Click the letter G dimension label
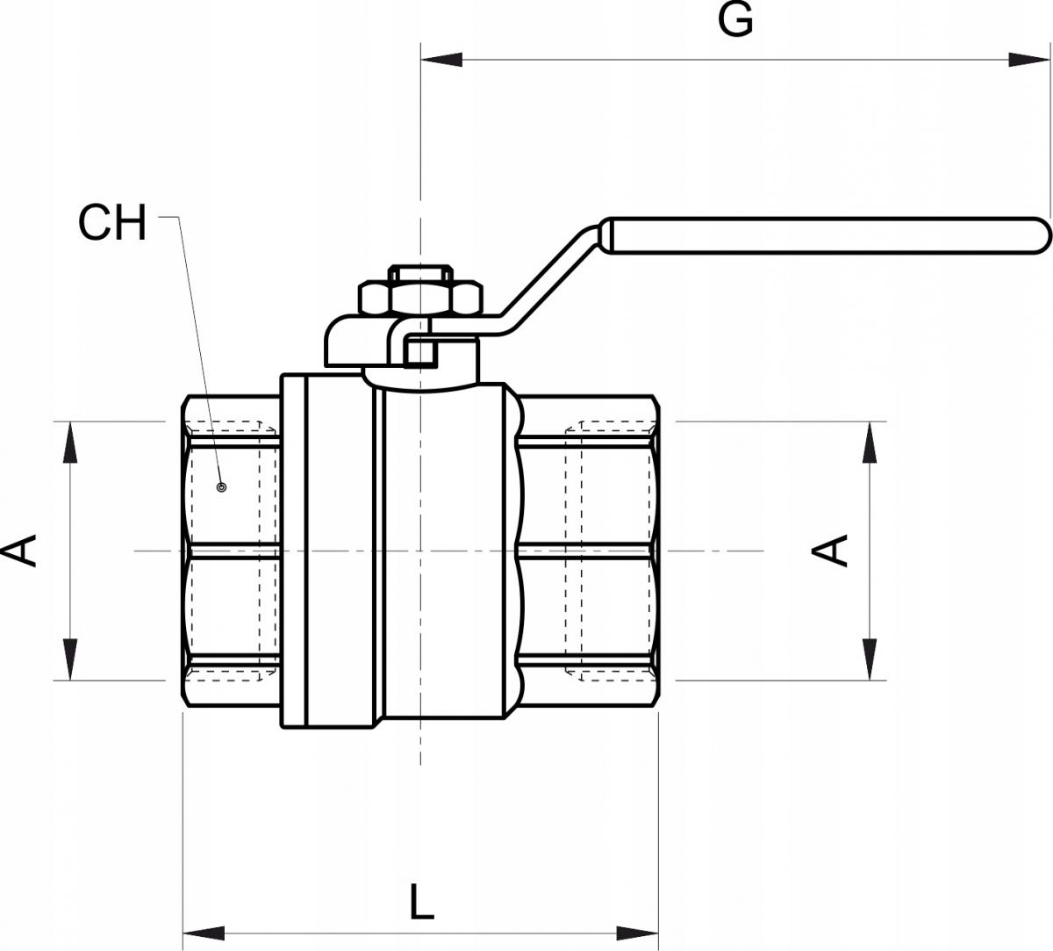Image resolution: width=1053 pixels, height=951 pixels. coord(735,20)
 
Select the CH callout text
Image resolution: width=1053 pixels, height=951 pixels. coord(112,223)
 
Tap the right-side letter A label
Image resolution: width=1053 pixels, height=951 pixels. coord(830,551)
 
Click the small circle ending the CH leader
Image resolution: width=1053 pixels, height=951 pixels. coord(221,486)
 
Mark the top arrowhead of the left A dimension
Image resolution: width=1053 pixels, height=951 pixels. coord(68,442)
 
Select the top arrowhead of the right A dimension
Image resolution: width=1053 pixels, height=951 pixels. coord(870,442)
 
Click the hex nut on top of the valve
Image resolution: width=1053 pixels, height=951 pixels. coord(420,299)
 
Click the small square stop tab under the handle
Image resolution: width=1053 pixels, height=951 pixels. coord(420,352)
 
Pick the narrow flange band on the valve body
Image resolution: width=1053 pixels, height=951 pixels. coord(294,551)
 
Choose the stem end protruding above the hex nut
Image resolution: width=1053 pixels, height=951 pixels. coord(420,271)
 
